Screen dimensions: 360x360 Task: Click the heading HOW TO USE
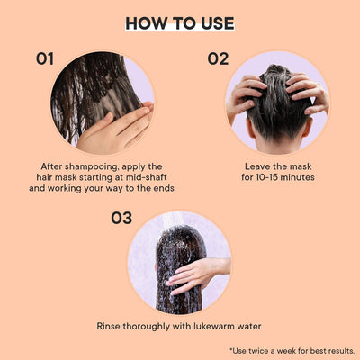tap(180, 22)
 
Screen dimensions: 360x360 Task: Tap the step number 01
tap(45, 59)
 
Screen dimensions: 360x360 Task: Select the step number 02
tap(219, 59)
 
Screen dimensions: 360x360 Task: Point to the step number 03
tap(122, 218)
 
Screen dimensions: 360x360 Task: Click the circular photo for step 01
tap(102, 102)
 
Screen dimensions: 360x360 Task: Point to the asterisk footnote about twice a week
tap(292, 350)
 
